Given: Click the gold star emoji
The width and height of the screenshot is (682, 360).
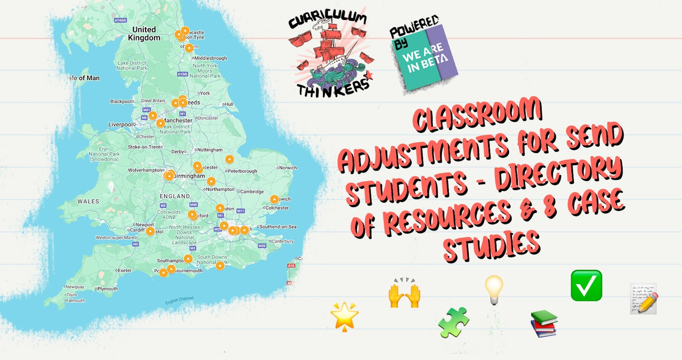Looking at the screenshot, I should click(x=344, y=316).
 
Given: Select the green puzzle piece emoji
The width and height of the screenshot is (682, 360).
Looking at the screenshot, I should click(x=454, y=322).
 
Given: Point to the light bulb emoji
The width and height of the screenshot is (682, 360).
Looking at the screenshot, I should click(x=493, y=290).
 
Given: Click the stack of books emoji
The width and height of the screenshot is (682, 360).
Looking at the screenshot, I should click(x=544, y=323).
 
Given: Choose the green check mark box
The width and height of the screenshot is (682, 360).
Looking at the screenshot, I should click(x=586, y=285).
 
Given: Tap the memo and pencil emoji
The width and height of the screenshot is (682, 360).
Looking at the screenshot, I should click(x=644, y=298).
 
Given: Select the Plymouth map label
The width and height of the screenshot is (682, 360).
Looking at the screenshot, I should click(x=107, y=289).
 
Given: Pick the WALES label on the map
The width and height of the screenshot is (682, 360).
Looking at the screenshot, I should click(x=88, y=201).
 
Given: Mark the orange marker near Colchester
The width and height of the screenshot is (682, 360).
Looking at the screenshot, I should click(x=274, y=199).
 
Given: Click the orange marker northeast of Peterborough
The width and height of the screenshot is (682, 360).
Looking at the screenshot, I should click(x=229, y=159).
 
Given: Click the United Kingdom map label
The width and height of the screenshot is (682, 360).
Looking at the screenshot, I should click(x=144, y=34).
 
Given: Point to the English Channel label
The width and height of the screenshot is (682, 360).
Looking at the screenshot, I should click(x=179, y=300).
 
